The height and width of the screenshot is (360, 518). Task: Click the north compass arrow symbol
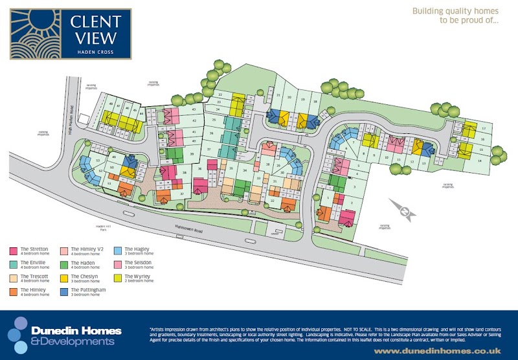[404, 210]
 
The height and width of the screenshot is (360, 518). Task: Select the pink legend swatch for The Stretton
[14, 250]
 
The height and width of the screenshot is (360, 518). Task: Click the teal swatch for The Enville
[14, 264]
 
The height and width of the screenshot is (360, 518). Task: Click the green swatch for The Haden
[63, 264]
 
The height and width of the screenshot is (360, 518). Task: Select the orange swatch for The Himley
[14, 291]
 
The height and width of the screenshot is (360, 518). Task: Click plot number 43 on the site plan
[194, 110]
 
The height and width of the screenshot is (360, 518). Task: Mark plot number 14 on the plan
[480, 159]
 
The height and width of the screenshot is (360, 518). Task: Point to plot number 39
[192, 153]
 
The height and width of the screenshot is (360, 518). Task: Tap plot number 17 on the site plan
[482, 129]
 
